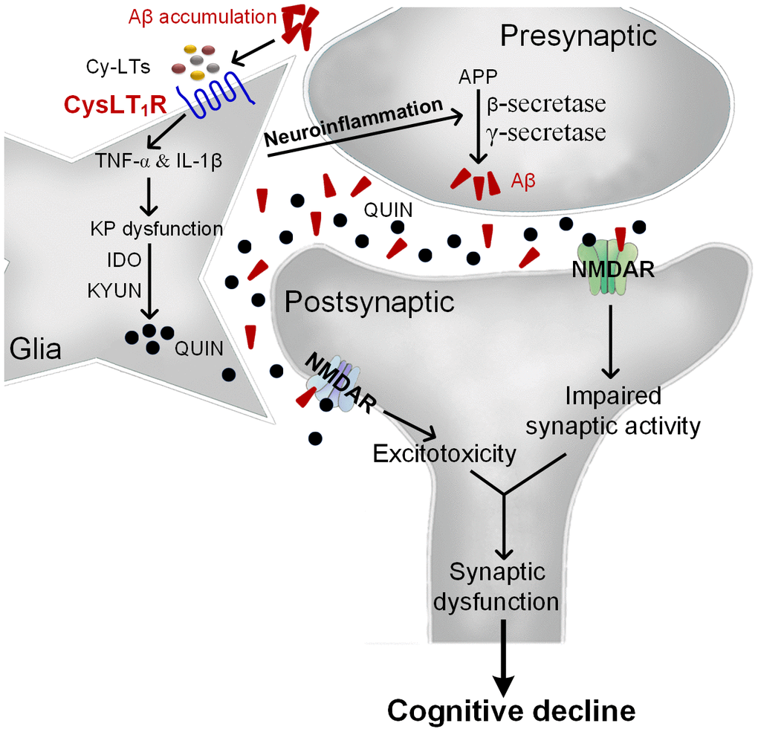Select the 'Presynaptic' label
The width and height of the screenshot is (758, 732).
click(x=579, y=35)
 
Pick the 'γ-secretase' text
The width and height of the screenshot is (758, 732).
click(x=545, y=133)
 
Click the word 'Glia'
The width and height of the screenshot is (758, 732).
click(x=36, y=348)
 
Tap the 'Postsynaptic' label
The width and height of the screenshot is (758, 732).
click(x=369, y=302)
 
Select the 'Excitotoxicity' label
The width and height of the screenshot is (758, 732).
click(x=444, y=453)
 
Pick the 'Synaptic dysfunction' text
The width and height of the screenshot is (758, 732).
click(x=507, y=587)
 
